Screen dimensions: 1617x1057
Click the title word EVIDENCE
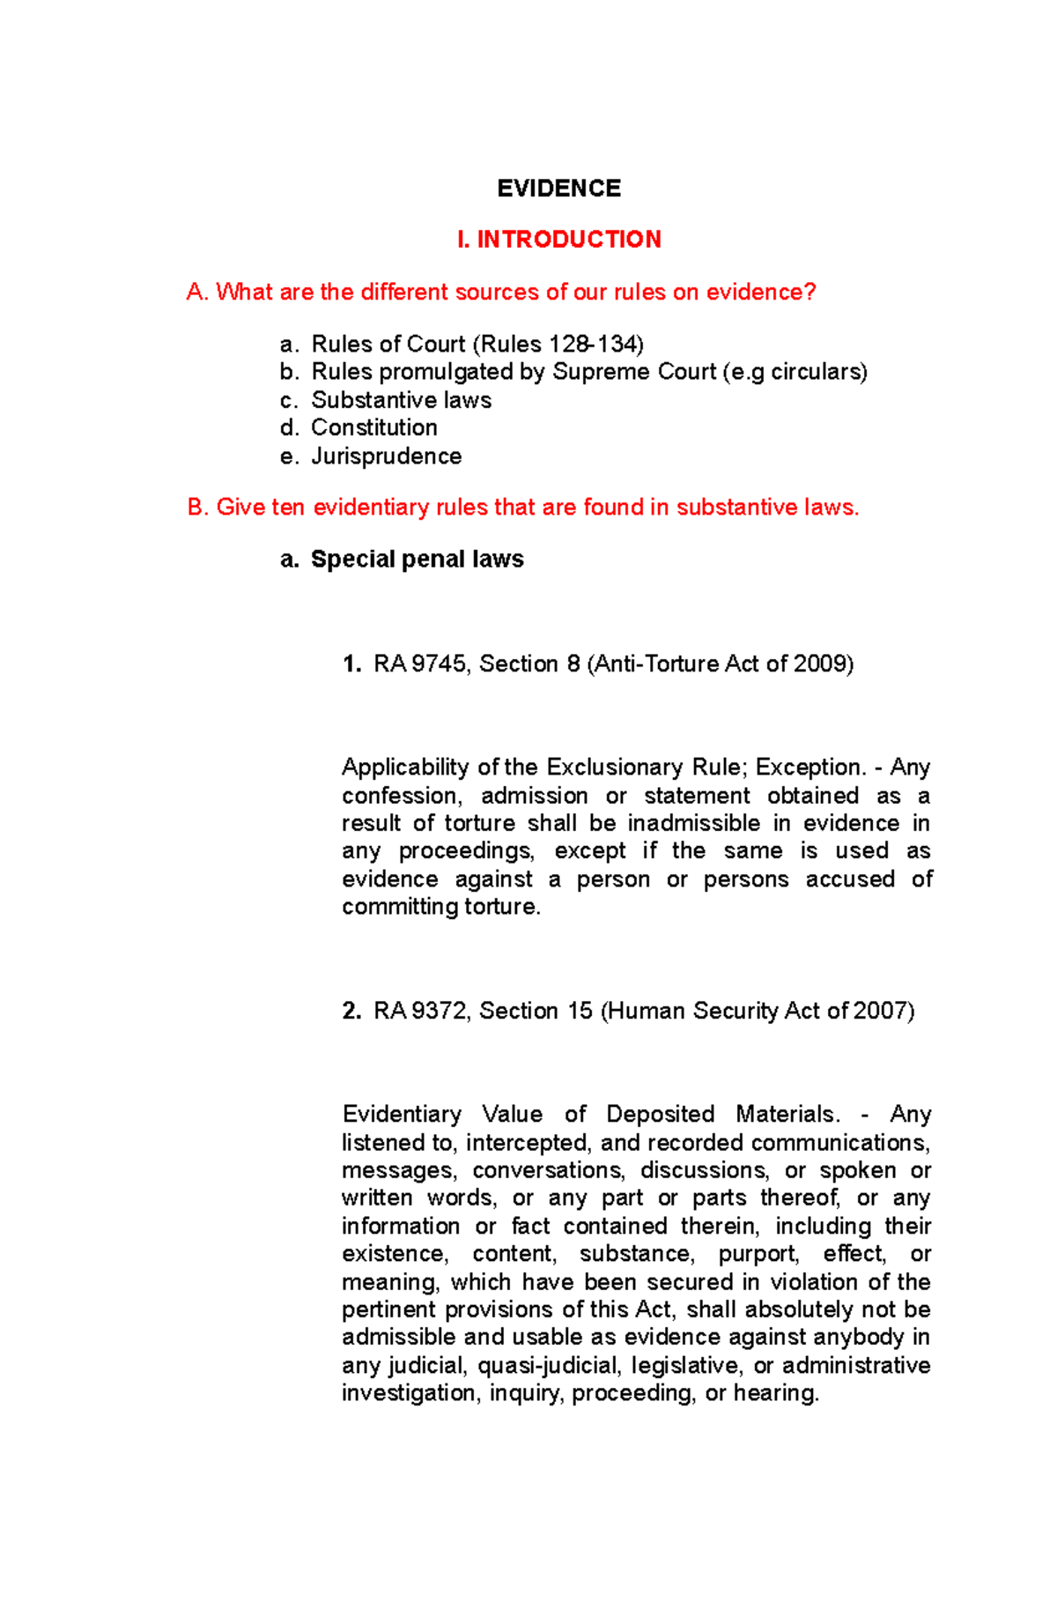click(x=558, y=189)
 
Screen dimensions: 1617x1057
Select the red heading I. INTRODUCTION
click(x=558, y=240)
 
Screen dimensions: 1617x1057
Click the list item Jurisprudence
click(x=386, y=456)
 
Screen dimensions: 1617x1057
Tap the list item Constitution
click(x=374, y=428)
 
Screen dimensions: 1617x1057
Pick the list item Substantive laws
click(x=401, y=400)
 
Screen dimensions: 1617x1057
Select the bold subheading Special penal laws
click(x=417, y=560)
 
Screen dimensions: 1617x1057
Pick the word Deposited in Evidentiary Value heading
click(x=660, y=1115)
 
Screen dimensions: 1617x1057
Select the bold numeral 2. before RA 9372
click(x=351, y=1011)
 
